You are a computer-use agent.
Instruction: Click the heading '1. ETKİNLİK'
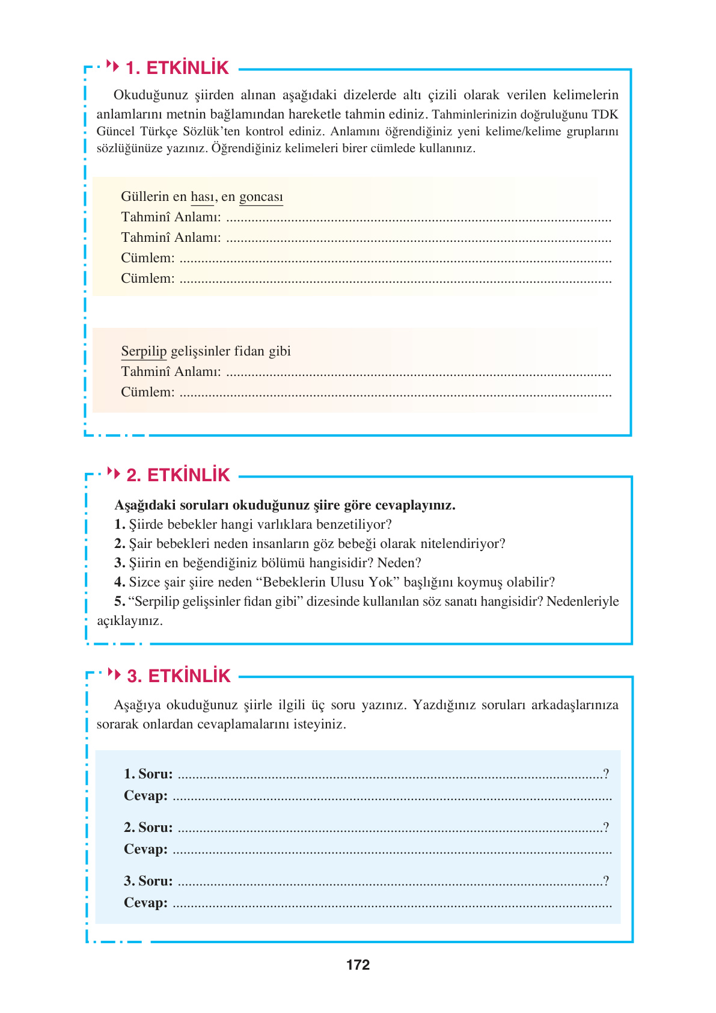(x=177, y=68)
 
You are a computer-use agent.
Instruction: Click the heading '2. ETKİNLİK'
(x=178, y=475)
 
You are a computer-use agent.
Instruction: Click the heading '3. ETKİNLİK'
(x=179, y=676)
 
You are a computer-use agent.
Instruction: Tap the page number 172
(x=358, y=965)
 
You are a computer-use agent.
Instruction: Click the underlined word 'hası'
(x=202, y=197)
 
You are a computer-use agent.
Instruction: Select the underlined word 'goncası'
(x=261, y=197)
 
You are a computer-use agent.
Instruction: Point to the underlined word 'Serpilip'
(x=144, y=351)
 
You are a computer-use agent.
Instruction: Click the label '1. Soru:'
(x=148, y=774)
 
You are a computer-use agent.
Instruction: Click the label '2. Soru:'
(x=148, y=827)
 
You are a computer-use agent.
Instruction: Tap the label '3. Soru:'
(x=148, y=881)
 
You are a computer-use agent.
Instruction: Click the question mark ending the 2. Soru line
(x=607, y=827)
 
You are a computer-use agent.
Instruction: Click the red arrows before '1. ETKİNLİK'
(x=112, y=65)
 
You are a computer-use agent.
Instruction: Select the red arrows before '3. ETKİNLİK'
(x=114, y=673)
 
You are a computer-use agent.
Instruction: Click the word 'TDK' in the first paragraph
(x=604, y=114)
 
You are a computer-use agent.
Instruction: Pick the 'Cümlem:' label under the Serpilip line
(x=148, y=392)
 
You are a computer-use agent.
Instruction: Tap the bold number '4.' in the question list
(x=120, y=582)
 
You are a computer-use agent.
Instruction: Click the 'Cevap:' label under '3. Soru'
(x=145, y=902)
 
